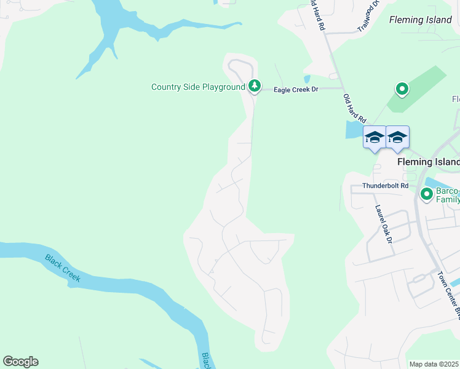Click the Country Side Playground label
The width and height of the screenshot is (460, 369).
coord(198,87)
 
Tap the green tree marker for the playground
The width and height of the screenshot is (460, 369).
coord(255,86)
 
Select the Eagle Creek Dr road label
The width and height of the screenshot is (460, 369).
coord(296,90)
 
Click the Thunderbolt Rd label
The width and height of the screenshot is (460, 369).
coord(386,185)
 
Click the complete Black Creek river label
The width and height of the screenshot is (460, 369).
coord(63,268)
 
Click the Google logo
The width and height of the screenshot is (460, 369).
coord(20,362)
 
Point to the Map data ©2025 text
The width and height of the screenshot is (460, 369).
coord(434,364)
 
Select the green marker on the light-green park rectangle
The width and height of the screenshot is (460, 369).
coord(402,90)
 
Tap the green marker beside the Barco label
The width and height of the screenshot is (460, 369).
coord(426,194)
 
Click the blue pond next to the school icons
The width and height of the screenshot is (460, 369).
coord(354,130)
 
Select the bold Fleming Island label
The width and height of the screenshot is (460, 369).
coord(428,162)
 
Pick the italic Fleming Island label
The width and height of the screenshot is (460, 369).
coord(421,20)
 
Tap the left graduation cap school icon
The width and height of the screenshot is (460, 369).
coord(374,138)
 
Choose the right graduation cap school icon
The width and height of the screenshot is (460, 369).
coord(397,138)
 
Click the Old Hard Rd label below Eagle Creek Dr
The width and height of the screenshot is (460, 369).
coord(355,108)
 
